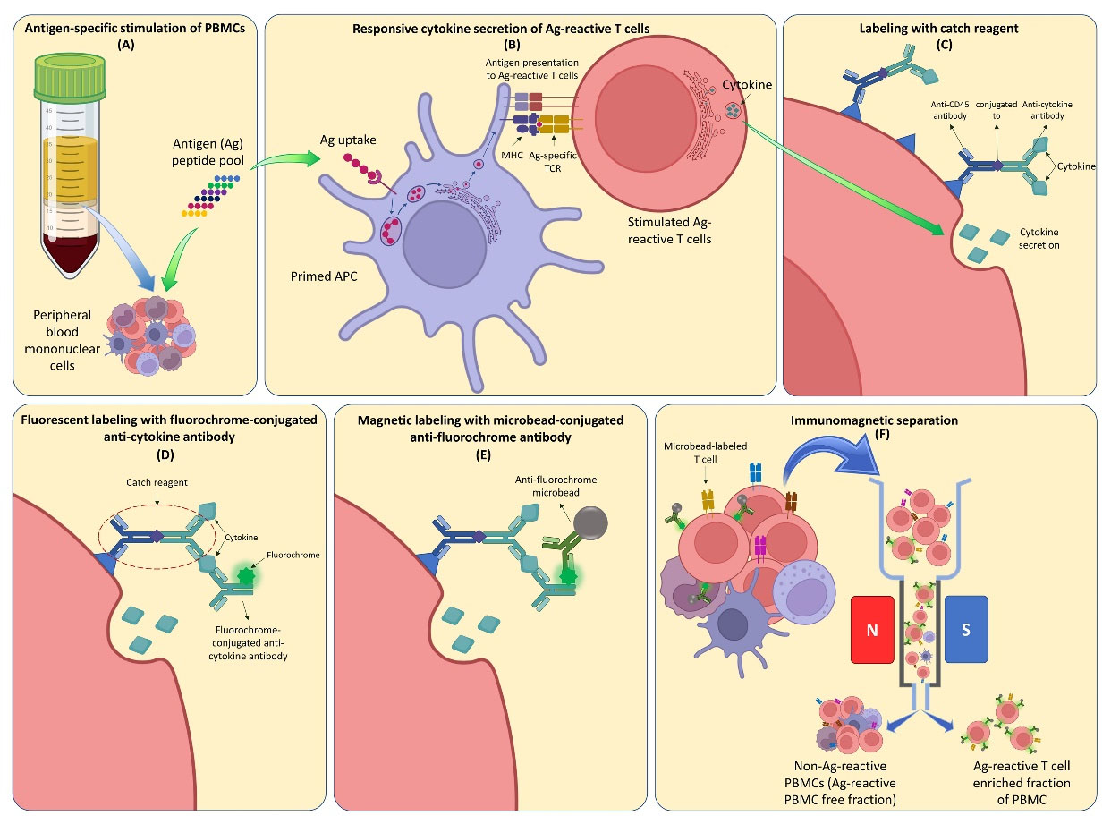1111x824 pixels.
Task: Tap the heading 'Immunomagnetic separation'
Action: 881,420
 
